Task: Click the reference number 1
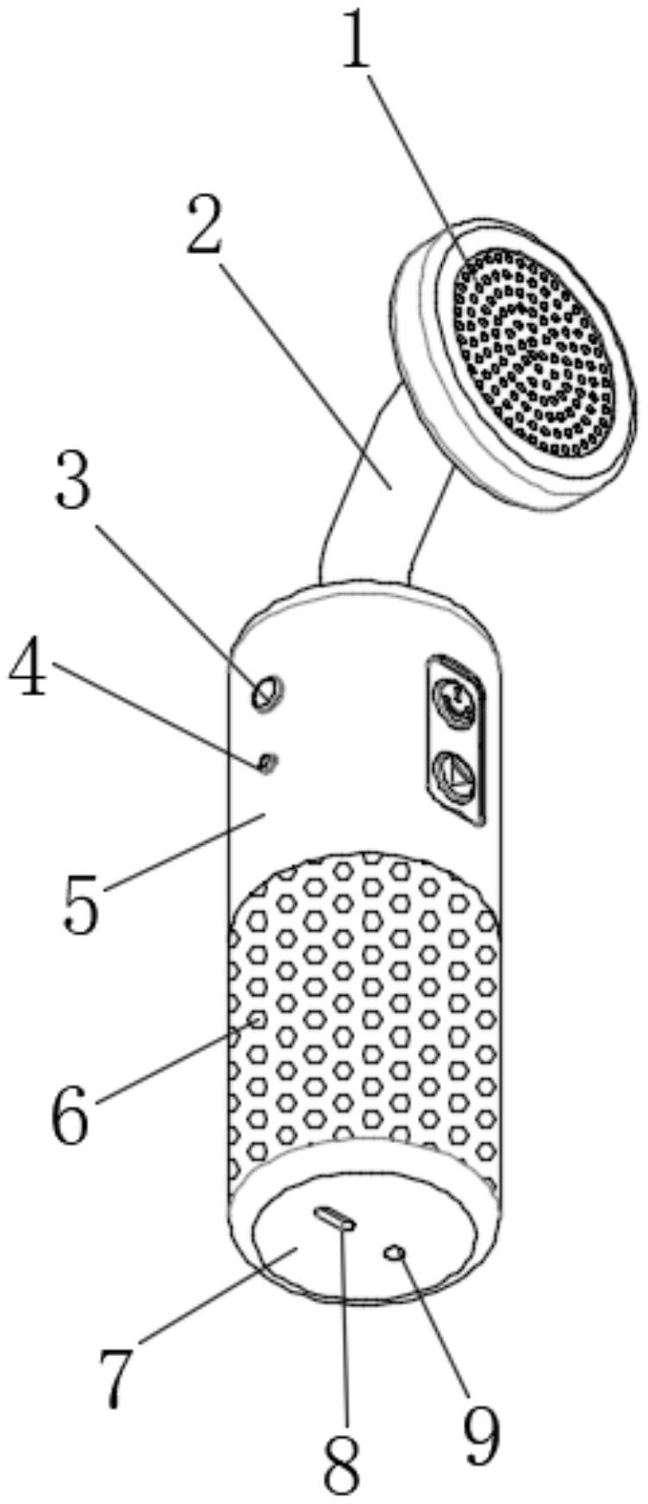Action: pyautogui.click(x=355, y=39)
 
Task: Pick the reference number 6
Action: pyautogui.click(x=71, y=1116)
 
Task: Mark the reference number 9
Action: pyautogui.click(x=481, y=1436)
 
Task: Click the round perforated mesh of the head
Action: pyautogui.click(x=534, y=353)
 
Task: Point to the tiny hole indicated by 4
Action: pyautogui.click(x=267, y=761)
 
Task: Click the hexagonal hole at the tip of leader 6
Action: pyautogui.click(x=256, y=1021)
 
